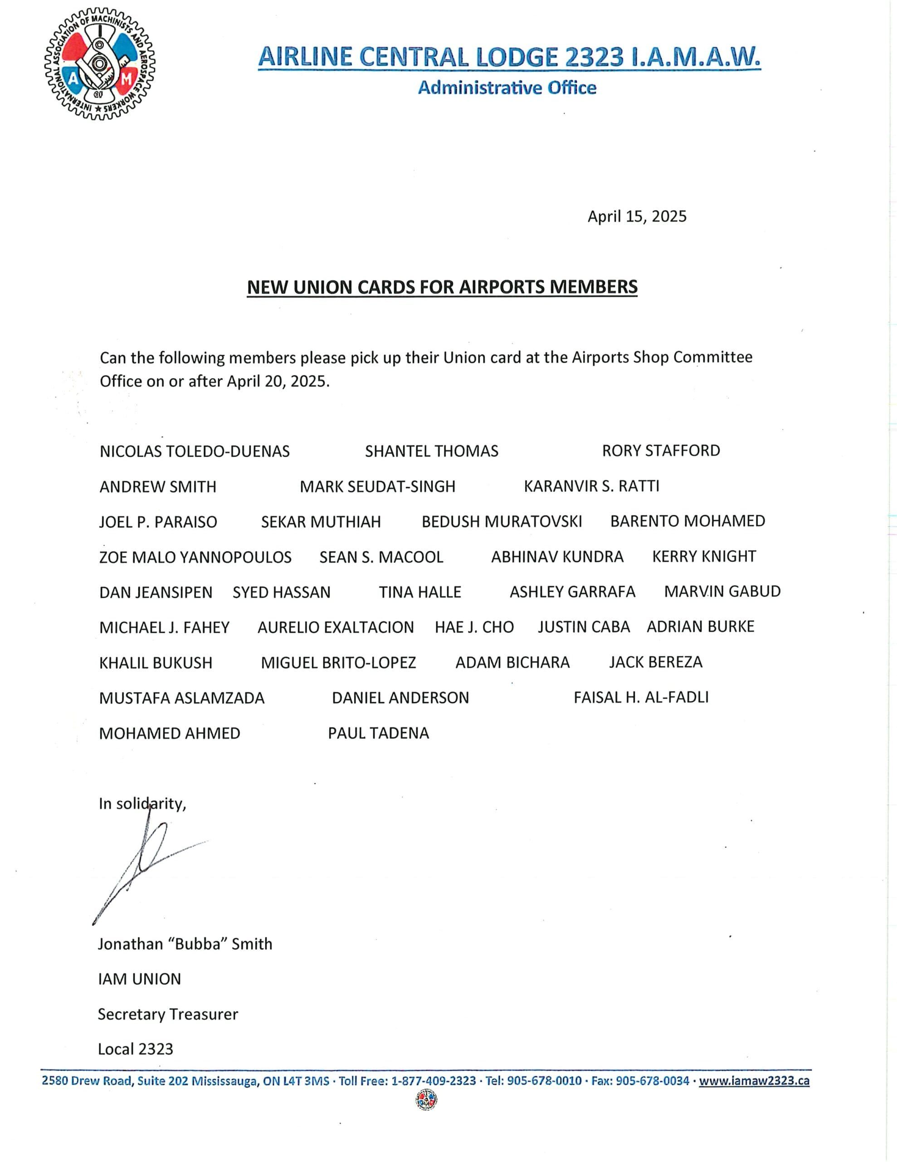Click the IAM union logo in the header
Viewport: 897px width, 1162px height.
pyautogui.click(x=99, y=64)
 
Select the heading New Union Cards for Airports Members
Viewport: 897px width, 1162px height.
pyautogui.click(x=442, y=287)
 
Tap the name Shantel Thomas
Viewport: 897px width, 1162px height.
pyautogui.click(x=431, y=451)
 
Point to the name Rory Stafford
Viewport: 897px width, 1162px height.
pyautogui.click(x=660, y=451)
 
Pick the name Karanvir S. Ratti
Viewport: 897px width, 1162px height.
pyautogui.click(x=591, y=486)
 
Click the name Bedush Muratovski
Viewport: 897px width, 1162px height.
pyautogui.click(x=502, y=522)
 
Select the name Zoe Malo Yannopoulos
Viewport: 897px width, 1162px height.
pyautogui.click(x=195, y=557)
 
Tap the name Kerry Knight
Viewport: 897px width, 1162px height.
pyautogui.click(x=703, y=556)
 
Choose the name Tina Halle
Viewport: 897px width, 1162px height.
pyautogui.click(x=419, y=592)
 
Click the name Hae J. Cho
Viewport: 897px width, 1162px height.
pyautogui.click(x=474, y=627)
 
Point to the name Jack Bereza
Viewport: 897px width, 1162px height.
pyautogui.click(x=655, y=662)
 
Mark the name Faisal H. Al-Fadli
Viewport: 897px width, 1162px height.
pyautogui.click(x=641, y=698)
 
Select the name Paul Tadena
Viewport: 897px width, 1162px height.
pyautogui.click(x=378, y=733)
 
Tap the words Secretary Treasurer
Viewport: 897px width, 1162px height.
pyautogui.click(x=167, y=1014)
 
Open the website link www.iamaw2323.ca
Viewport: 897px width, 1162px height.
pyautogui.click(x=754, y=1081)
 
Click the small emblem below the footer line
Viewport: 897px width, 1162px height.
pyautogui.click(x=426, y=1100)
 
